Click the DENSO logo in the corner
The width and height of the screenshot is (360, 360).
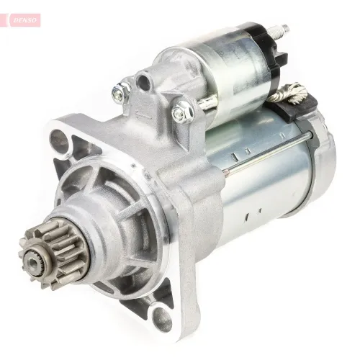point(27,20)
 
